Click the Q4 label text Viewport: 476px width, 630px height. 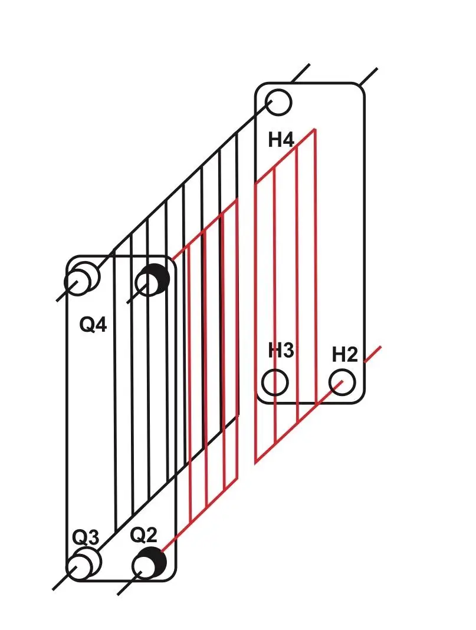click(93, 324)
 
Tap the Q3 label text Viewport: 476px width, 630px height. click(86, 537)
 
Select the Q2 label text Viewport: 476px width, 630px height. click(143, 535)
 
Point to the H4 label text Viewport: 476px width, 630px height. click(281, 140)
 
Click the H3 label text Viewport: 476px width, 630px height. click(281, 350)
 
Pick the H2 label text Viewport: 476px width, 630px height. click(344, 355)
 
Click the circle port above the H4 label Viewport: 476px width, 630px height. click(279, 102)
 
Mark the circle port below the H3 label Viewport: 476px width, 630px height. click(275, 382)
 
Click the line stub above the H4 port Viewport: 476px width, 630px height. click(300, 72)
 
